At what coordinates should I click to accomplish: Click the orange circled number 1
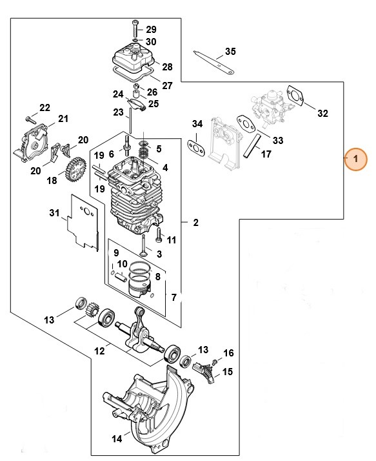pos(355,159)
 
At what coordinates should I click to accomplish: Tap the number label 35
pos(231,52)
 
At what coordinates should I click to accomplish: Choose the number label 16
pos(227,353)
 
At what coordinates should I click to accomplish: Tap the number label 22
pos(45,107)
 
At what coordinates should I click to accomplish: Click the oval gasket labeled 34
pos(196,145)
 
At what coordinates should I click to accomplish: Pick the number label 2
pos(195,223)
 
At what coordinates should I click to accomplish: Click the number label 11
pos(172,240)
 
